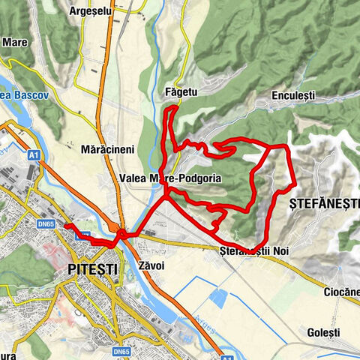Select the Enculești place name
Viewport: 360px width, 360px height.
[293, 97]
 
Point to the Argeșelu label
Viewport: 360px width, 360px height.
[89, 12]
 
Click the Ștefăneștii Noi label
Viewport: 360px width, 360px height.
[254, 250]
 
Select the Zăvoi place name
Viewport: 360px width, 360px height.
[153, 265]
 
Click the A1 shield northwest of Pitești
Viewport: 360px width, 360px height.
[34, 155]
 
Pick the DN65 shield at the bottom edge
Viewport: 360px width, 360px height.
[122, 350]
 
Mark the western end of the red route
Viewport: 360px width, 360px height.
[66, 225]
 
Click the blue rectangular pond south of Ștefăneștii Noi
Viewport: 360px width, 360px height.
[219, 298]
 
